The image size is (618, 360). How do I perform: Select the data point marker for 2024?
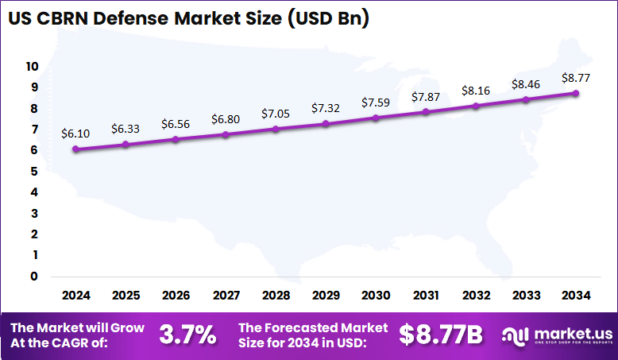pos(75,149)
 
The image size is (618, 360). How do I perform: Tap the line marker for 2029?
pos(326,123)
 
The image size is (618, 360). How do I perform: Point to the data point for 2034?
pos(576,93)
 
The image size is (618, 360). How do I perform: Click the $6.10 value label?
pos(75,134)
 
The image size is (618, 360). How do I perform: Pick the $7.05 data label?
pos(276,114)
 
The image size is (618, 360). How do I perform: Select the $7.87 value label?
pos(426,97)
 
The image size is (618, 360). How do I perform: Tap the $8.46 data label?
pos(526,83)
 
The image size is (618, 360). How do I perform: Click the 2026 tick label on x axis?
pos(176,296)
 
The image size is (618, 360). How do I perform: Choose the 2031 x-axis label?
pos(426,296)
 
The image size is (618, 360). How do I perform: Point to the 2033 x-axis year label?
pos(526,296)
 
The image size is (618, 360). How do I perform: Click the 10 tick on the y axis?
pos(32,66)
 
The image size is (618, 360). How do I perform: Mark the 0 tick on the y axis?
pos(34,277)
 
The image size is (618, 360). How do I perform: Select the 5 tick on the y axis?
pos(34,171)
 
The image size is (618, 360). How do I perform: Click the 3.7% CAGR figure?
pos(187,335)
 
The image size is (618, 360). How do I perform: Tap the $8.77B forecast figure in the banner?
pos(441,335)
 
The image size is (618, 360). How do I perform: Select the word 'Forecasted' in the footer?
pos(295,327)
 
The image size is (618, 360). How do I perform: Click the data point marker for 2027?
pos(226,134)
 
